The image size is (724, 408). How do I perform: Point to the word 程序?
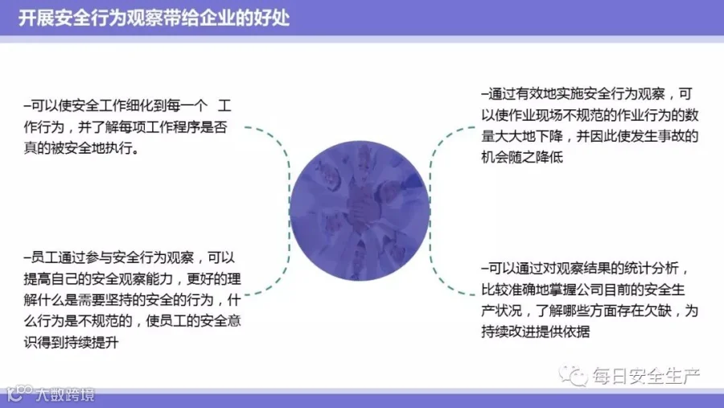(x=173, y=127)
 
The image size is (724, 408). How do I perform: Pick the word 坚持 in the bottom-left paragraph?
(x=132, y=300)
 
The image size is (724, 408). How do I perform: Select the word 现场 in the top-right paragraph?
(x=549, y=115)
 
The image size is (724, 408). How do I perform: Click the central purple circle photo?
(x=360, y=211)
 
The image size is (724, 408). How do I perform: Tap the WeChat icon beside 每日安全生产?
(x=573, y=375)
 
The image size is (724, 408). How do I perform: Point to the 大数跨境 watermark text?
(x=65, y=394)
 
